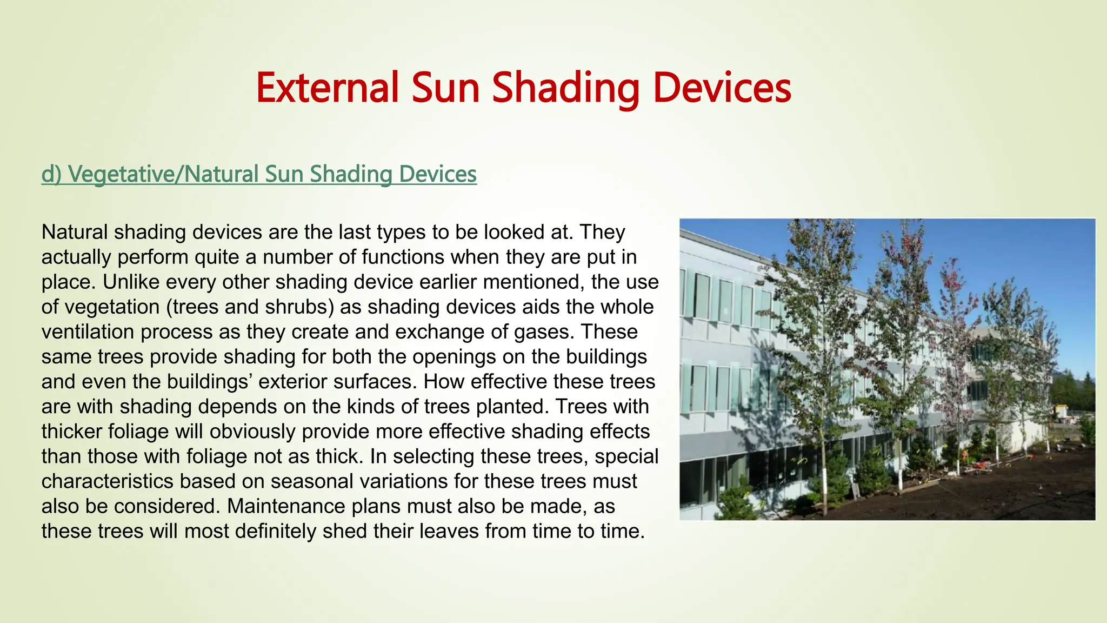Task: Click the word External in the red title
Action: point(327,88)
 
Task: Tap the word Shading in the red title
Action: point(565,88)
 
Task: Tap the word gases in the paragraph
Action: point(544,332)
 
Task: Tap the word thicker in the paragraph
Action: point(71,431)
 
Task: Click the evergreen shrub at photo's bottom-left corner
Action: point(735,506)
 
